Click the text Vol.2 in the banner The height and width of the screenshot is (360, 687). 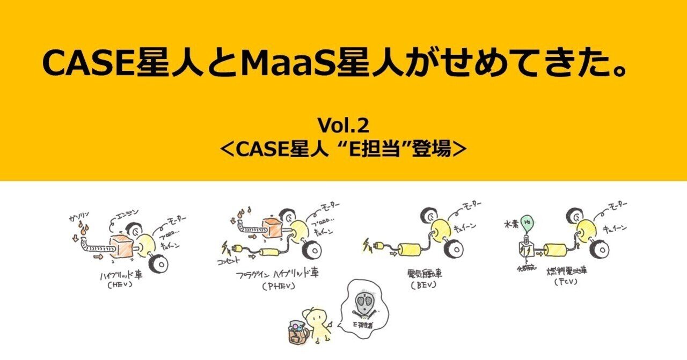click(x=343, y=126)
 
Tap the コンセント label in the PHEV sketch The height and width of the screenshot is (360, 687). click(x=232, y=263)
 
